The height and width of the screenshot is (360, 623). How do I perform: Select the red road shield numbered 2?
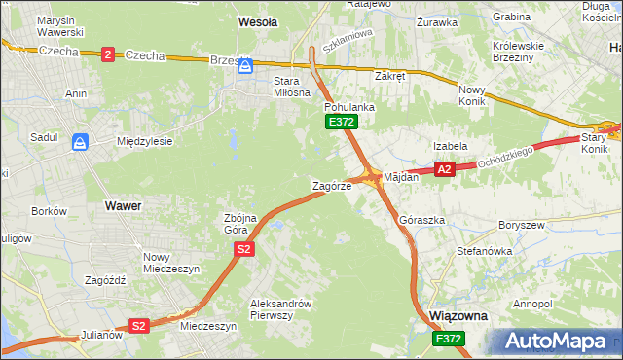tap(106, 54)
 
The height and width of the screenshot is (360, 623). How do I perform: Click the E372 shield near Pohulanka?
tap(342, 122)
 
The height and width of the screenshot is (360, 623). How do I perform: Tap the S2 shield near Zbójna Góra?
tap(243, 250)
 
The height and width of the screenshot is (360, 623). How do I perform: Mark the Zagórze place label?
tap(331, 186)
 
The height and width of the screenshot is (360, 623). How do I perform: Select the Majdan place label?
tap(401, 177)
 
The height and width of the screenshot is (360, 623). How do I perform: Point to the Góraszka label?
tap(421, 221)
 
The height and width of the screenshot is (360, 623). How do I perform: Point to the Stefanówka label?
tap(484, 251)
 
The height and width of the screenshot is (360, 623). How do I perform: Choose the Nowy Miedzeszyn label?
tap(171, 262)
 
